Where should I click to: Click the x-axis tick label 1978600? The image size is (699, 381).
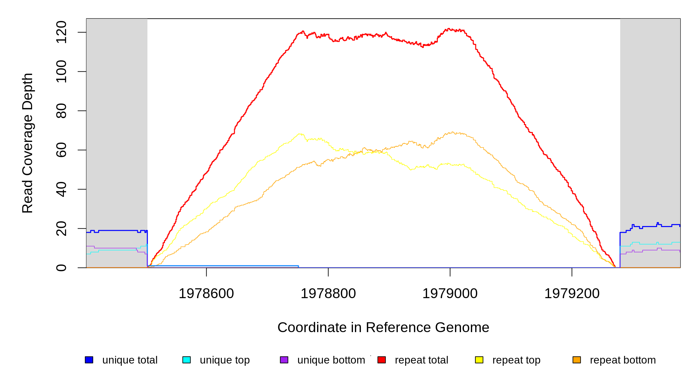coord(206,294)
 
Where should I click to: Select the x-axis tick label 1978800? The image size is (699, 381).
coord(328,294)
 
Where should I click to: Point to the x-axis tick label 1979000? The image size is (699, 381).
coord(450,294)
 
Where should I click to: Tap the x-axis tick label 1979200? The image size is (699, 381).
coord(572,294)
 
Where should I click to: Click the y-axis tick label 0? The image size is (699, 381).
coord(61,268)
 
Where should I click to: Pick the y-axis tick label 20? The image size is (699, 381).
coord(61,229)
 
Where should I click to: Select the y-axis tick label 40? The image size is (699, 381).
coord(61,189)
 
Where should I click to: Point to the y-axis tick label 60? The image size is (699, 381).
coord(61,150)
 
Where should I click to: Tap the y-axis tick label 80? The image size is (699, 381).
coord(61,111)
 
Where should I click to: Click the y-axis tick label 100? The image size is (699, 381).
coord(61,71)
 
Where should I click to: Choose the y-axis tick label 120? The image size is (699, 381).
coord(61,32)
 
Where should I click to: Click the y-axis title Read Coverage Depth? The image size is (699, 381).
coord(28,143)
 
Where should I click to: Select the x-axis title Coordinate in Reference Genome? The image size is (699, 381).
coord(383,327)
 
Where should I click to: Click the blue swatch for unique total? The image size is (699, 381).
coord(89,360)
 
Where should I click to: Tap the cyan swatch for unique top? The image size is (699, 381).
coord(187,360)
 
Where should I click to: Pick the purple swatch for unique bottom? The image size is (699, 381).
coord(284,360)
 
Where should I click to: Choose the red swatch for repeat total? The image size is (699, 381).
coord(382,360)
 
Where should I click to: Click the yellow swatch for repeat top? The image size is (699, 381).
coord(479,360)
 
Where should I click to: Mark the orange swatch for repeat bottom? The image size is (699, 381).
coord(577,360)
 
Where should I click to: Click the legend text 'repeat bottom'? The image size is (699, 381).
coord(623,360)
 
